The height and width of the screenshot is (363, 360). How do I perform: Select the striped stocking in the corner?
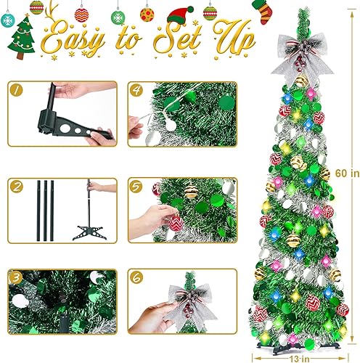coord(261,11)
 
